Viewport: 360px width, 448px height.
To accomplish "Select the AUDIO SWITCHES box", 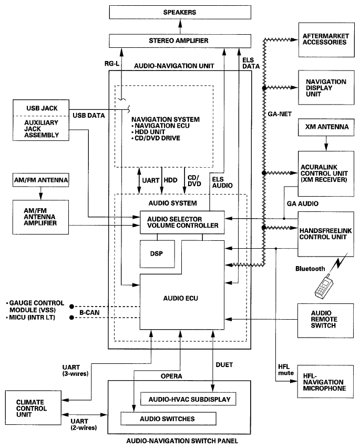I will click(169, 419).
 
